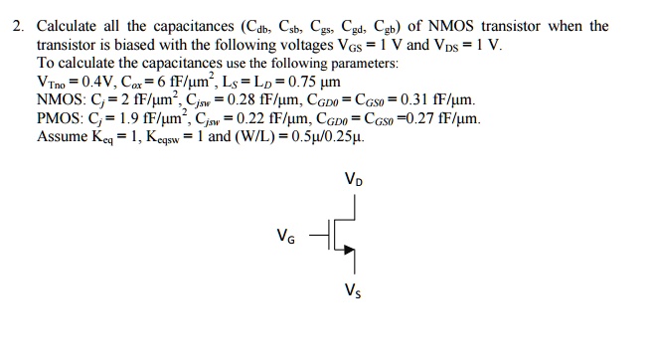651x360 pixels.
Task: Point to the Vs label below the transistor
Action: coord(353,291)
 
